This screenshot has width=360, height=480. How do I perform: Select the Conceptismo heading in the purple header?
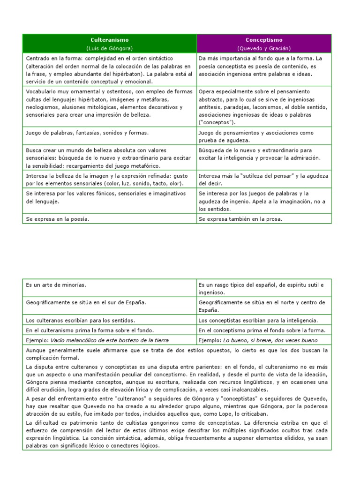[264, 40]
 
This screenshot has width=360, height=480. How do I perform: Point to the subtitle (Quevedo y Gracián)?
[264, 48]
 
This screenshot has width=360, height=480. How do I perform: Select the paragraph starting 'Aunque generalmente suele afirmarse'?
[177, 354]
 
